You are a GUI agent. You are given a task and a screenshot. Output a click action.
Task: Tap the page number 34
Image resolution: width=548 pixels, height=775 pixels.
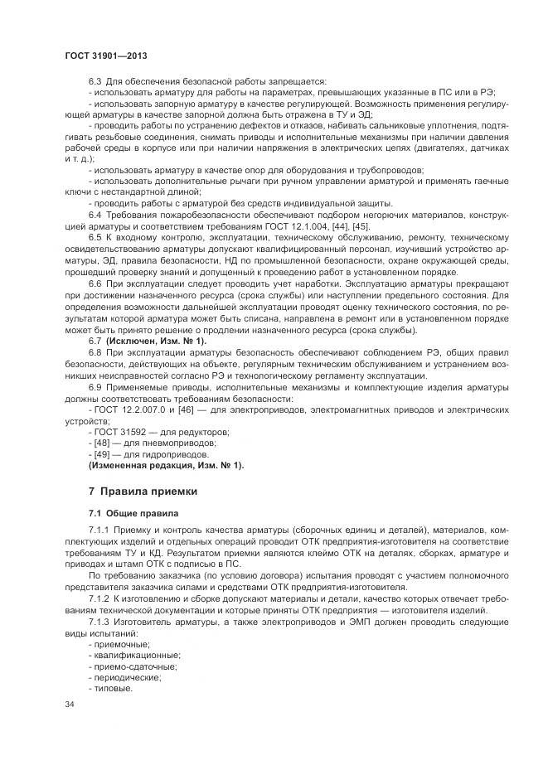coord(70,705)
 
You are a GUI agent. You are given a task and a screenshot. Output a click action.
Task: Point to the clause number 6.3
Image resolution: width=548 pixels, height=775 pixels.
coord(95,83)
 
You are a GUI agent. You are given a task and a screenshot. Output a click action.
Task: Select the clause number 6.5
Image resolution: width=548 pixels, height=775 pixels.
coord(95,239)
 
